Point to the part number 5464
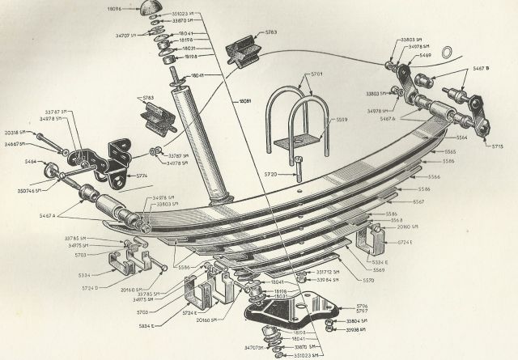tap(31, 163)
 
